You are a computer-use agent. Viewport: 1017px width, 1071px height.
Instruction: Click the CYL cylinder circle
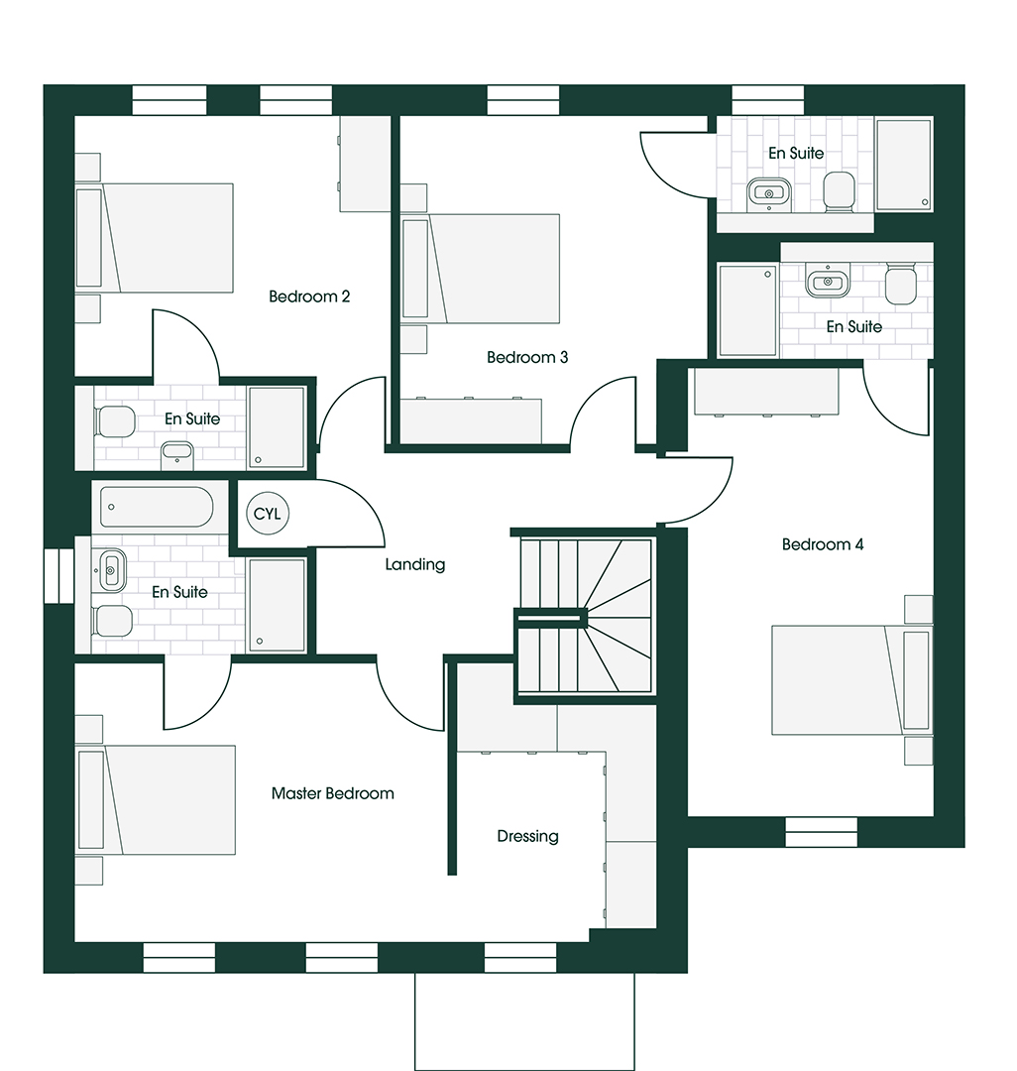[x=267, y=514]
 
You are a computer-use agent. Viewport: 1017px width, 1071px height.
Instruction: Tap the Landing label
[x=415, y=564]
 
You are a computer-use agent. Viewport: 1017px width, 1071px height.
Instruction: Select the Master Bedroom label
[x=332, y=793]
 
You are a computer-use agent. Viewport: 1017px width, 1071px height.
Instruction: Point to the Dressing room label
[x=527, y=836]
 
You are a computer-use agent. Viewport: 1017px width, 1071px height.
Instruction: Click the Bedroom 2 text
[x=309, y=297]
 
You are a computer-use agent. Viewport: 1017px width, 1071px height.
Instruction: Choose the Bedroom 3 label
[x=527, y=357]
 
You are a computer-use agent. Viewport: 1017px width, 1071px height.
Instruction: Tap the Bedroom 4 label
[x=823, y=544]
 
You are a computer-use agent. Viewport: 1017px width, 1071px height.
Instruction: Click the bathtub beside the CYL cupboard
[x=157, y=507]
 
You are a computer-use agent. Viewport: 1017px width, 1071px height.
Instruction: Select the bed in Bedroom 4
[x=851, y=680]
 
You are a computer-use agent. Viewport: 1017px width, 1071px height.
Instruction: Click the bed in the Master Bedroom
[x=155, y=800]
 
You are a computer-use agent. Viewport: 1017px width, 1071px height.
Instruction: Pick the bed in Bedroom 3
[x=480, y=269]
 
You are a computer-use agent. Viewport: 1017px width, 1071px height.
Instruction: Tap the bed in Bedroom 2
[x=154, y=238]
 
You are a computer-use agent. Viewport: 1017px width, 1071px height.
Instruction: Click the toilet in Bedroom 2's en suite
[x=115, y=421]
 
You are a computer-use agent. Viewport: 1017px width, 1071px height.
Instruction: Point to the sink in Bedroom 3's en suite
[x=769, y=193]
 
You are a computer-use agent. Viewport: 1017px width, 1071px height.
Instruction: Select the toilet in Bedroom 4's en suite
[x=900, y=283]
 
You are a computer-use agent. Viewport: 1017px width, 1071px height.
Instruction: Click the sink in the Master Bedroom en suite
[x=113, y=569]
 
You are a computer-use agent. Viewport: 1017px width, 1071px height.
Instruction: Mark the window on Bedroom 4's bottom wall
[x=821, y=833]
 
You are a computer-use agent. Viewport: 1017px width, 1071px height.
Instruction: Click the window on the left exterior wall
[x=58, y=575]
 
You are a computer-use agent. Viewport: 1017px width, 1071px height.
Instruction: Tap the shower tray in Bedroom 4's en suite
[x=747, y=310]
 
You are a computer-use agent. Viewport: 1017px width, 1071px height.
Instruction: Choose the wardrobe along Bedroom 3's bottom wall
[x=470, y=420]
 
